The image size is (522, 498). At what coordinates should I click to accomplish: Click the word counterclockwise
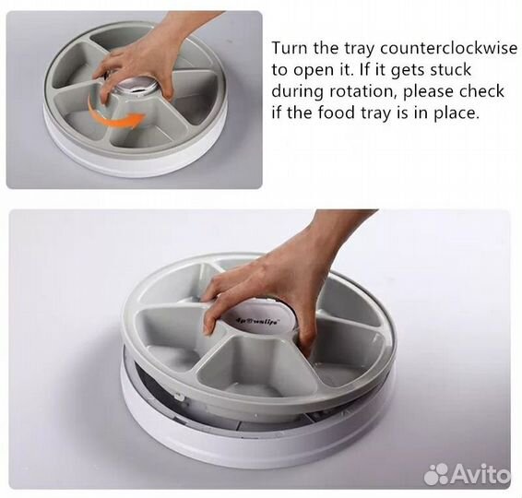coord(448,49)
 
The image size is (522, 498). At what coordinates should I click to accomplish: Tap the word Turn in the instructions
coord(291,49)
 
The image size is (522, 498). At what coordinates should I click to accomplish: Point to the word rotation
coord(362,91)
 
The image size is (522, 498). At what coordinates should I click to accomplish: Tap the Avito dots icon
coord(436,474)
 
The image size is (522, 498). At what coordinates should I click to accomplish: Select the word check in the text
coord(481,91)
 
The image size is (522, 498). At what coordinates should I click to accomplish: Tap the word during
coord(297,92)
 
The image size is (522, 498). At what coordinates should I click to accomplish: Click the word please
coord(427,92)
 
